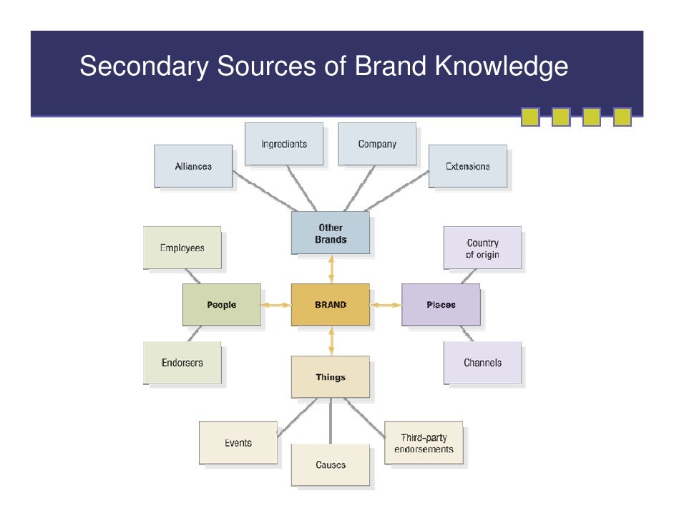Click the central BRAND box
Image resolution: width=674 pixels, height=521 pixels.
tap(331, 305)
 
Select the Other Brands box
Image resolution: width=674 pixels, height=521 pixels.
tap(331, 233)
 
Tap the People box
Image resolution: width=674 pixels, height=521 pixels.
tap(222, 305)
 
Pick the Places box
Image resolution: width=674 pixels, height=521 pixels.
tap(441, 305)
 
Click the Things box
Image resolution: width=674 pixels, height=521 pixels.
tap(331, 377)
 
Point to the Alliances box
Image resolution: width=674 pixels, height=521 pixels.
tap(193, 166)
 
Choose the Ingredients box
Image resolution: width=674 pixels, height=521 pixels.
tap(284, 144)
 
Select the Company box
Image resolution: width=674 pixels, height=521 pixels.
tap(377, 144)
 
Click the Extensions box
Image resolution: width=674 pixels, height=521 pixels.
tap(468, 166)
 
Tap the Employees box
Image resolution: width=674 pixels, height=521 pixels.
tap(182, 248)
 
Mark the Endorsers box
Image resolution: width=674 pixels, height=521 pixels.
tap(182, 362)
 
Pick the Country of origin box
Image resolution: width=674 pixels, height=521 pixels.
tap(482, 248)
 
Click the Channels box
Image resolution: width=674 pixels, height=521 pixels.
tap(482, 362)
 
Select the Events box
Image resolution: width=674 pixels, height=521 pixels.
tap(238, 443)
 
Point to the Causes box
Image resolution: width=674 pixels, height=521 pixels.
tap(331, 465)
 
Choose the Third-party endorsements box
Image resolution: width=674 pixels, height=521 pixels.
tap(424, 443)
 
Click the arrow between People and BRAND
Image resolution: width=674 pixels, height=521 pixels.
tap(275, 305)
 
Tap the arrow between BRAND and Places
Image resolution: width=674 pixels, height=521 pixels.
tap(386, 305)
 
